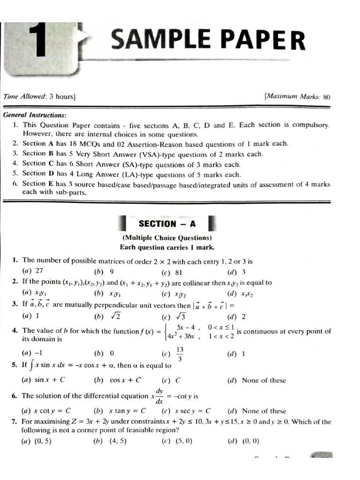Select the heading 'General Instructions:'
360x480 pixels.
click(35, 115)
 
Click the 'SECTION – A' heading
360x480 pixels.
click(167, 224)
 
